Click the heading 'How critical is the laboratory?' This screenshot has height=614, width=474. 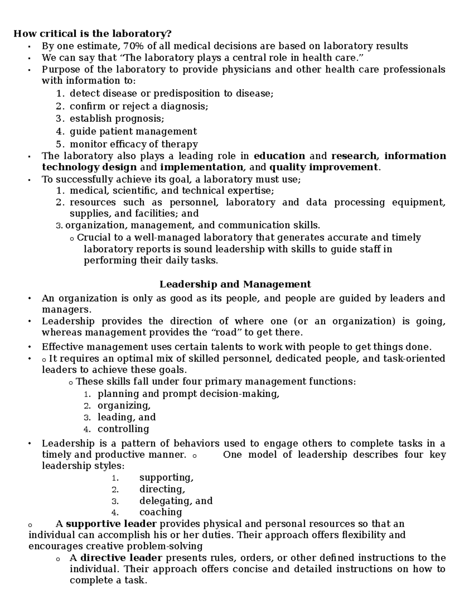(x=93, y=34)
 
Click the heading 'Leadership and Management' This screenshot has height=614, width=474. (x=235, y=284)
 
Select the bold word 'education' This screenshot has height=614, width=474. (x=279, y=156)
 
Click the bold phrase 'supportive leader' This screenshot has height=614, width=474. (x=111, y=524)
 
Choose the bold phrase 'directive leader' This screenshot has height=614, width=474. (x=121, y=558)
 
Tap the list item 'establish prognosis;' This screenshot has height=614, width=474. (x=117, y=119)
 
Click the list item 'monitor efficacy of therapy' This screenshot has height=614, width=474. (x=134, y=144)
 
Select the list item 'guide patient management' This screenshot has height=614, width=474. (x=133, y=131)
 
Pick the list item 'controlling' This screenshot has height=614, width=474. (x=123, y=429)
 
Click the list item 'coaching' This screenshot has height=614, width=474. (x=161, y=512)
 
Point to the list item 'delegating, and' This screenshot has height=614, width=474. (x=176, y=501)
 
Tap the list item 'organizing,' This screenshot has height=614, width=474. (x=124, y=406)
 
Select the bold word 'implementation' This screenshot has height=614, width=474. (x=201, y=167)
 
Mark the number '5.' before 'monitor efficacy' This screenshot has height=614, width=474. (x=60, y=144)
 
